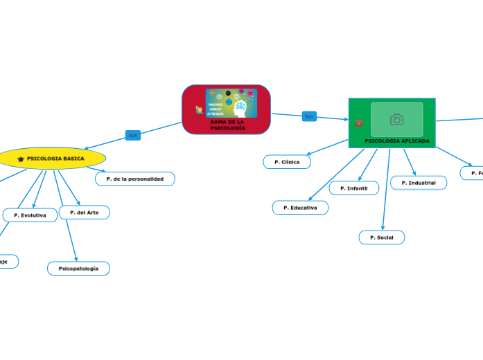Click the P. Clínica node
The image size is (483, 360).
coord(287,162)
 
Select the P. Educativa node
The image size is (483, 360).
coord(300,208)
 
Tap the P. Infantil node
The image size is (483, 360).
coord(353,188)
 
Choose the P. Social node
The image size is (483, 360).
coord(381,237)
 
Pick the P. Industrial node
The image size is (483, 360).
coord(418,183)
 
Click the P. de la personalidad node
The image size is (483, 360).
coord(135,179)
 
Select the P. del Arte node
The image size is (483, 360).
coord(85,213)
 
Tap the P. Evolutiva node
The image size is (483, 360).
coord(30,215)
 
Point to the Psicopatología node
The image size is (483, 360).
coord(78,268)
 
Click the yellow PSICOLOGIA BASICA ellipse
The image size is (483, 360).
coord(52,159)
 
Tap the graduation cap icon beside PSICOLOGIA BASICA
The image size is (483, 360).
coord(21,159)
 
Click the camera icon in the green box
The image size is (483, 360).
coord(396,120)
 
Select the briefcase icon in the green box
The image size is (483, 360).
coord(359,123)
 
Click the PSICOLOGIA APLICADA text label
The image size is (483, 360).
coord(396,141)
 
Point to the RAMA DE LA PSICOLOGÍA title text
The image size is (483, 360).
coord(227,125)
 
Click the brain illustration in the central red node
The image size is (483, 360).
coord(239,105)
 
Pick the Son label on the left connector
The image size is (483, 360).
coord(132,135)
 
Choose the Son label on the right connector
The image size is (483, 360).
coord(309,117)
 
